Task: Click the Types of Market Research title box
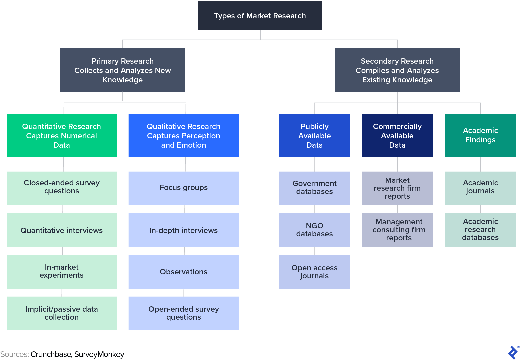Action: click(x=260, y=16)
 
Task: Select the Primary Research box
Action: click(x=122, y=70)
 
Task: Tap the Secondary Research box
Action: click(x=397, y=70)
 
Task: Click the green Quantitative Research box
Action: click(x=62, y=136)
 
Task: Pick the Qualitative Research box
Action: click(x=183, y=136)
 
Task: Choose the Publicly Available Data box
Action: click(x=314, y=136)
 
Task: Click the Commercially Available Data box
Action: click(x=397, y=136)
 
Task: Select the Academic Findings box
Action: click(x=480, y=136)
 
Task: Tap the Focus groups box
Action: click(x=183, y=188)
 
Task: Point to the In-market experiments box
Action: click(x=62, y=272)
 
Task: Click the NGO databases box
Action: click(x=314, y=230)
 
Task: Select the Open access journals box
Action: click(x=314, y=272)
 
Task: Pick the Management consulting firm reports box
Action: click(x=397, y=230)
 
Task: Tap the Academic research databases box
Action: click(x=480, y=230)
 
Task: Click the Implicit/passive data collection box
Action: click(x=62, y=313)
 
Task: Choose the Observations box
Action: click(x=183, y=272)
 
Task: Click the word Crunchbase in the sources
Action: click(x=51, y=354)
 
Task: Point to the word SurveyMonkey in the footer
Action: click(x=99, y=354)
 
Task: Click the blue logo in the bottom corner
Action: click(x=513, y=353)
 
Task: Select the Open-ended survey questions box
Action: click(x=183, y=313)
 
